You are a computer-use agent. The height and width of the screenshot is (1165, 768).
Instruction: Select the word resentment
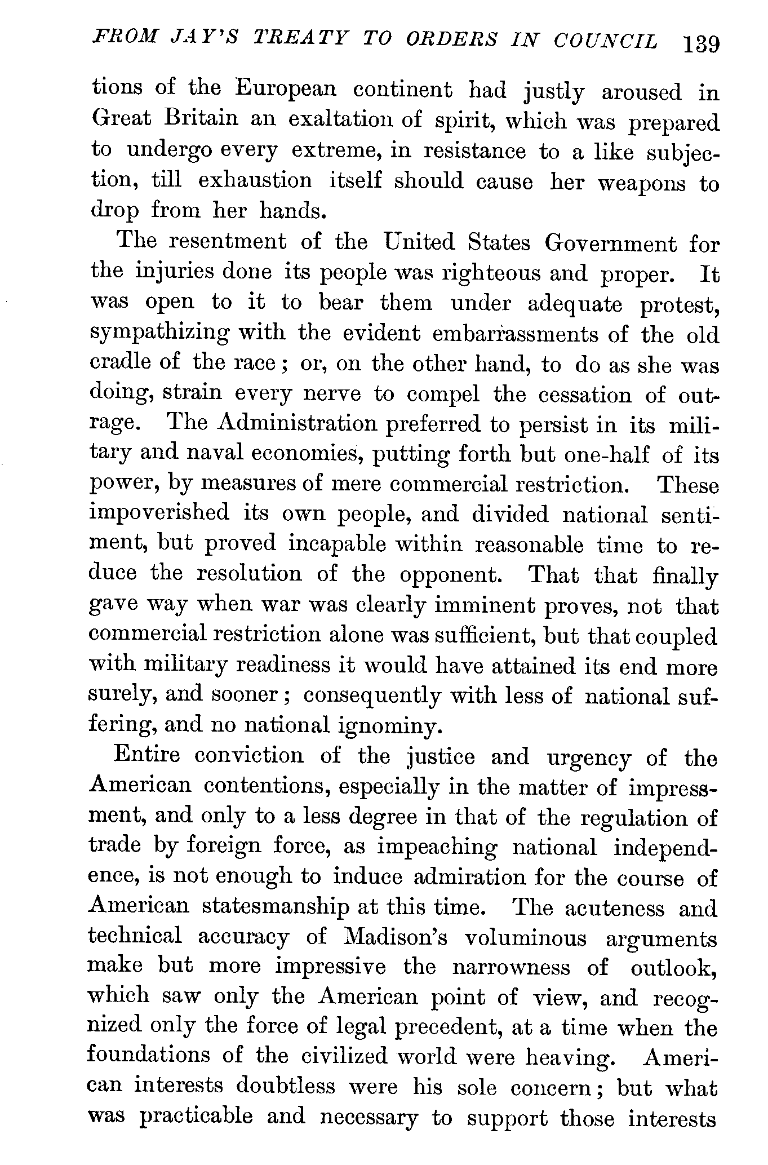(x=227, y=242)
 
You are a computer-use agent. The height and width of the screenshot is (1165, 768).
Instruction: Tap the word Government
(x=611, y=244)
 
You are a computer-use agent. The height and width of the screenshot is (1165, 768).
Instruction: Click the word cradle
(x=119, y=362)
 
